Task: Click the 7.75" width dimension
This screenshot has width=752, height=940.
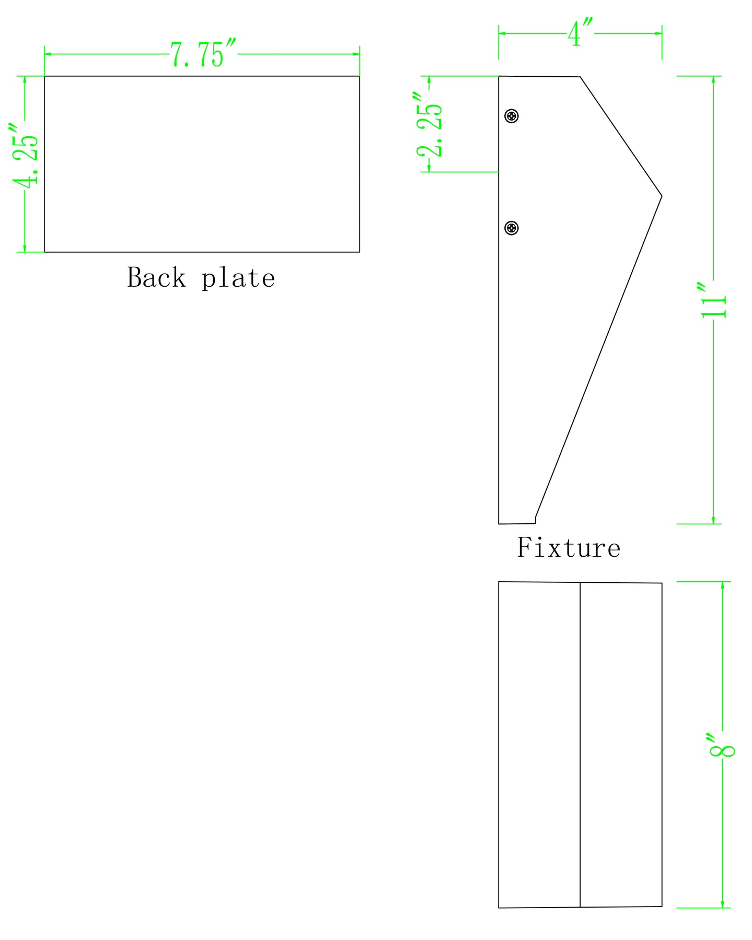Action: click(203, 54)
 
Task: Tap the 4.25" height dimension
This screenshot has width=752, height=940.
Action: click(25, 156)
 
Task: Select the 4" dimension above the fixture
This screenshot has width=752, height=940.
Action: click(581, 33)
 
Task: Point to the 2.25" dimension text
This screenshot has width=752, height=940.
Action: click(430, 125)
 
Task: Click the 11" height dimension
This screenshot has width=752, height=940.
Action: click(713, 300)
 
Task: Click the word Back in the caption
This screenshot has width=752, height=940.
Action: click(156, 277)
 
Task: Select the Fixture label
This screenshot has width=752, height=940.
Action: click(569, 548)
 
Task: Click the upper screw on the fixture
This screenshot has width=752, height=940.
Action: click(512, 116)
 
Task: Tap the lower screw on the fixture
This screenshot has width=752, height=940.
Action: click(512, 228)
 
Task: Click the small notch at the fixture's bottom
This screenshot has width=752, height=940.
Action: click(535, 520)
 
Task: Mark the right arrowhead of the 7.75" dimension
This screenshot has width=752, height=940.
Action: click(356, 54)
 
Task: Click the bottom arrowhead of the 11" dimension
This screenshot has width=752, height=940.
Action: click(713, 520)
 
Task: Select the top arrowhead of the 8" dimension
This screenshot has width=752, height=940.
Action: click(722, 585)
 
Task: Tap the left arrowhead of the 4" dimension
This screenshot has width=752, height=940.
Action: click(503, 33)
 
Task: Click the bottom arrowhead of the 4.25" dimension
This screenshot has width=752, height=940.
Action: click(25, 248)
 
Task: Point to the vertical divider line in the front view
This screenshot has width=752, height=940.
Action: click(580, 745)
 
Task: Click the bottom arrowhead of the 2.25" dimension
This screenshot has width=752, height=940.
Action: click(430, 168)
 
